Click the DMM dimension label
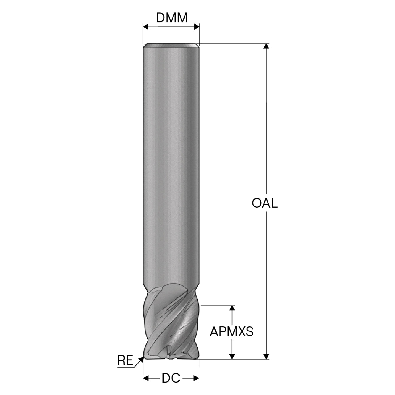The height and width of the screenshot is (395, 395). tap(172, 18)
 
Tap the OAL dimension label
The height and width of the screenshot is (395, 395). tap(265, 203)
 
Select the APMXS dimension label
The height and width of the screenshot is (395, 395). tap(231, 331)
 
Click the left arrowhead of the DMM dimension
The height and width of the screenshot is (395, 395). tap(146, 27)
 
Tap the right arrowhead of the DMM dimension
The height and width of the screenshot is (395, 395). tap(197, 27)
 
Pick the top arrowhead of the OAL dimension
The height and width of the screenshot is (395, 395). tap(266, 46)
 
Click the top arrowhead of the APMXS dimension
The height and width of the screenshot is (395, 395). tap(232, 308)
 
